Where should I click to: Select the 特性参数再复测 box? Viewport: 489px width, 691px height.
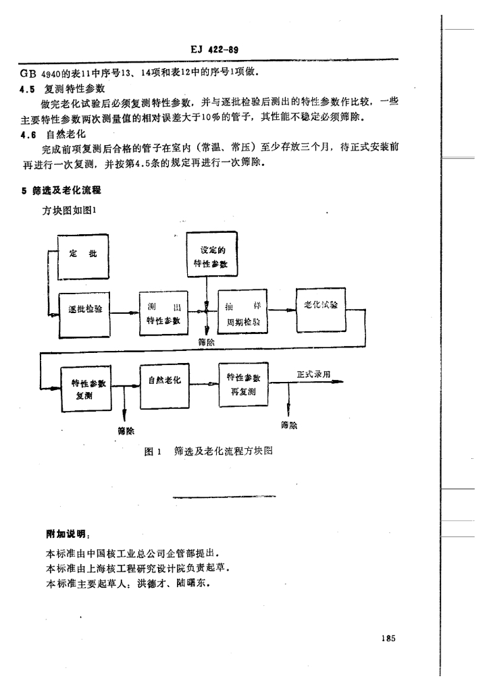click(x=243, y=385)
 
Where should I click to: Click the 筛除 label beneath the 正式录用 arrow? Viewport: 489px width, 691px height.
click(x=288, y=425)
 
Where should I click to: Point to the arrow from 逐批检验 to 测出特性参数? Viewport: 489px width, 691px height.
click(x=124, y=313)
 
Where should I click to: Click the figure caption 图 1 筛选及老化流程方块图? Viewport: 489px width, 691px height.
click(x=209, y=450)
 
